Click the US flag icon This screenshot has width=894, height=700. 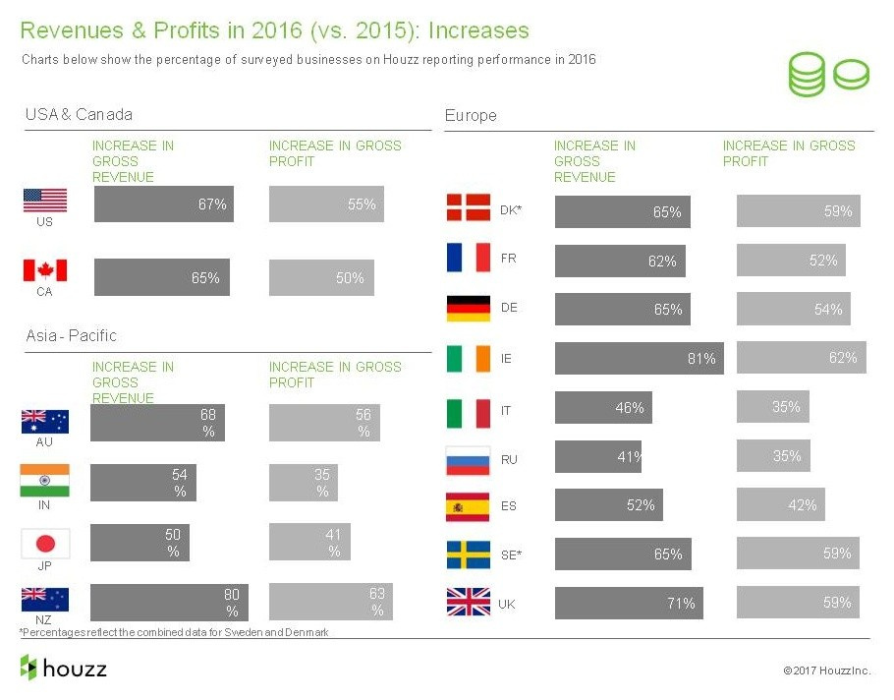(45, 201)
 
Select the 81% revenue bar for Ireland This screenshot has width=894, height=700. (639, 359)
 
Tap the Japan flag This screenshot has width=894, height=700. (45, 544)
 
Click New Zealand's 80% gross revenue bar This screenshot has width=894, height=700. (169, 603)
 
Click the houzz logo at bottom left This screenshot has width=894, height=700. (63, 669)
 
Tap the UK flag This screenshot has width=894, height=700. (469, 603)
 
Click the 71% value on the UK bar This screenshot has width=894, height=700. (681, 604)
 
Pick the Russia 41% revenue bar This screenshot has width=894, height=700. (597, 456)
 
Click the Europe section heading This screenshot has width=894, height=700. (471, 116)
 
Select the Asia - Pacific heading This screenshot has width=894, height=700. (71, 336)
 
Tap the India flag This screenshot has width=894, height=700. (45, 482)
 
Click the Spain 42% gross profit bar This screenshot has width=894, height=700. (780, 505)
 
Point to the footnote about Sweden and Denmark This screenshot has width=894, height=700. (174, 632)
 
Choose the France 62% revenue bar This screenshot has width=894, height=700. (620, 262)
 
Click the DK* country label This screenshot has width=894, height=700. (511, 209)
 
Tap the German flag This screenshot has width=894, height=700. (469, 309)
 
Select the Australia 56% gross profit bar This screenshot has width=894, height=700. (324, 424)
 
